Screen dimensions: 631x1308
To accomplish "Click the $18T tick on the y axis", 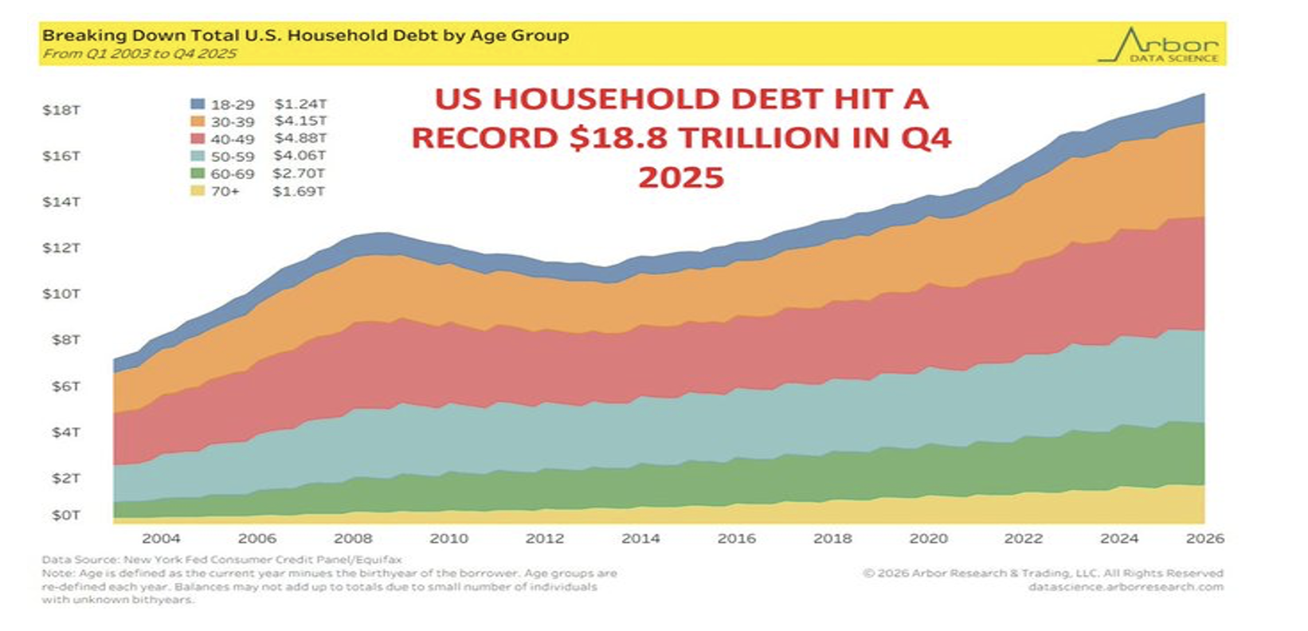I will pos(61,110).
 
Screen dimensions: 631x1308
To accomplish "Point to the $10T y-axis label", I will pos(61,294).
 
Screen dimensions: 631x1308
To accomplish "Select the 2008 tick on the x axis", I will pos(353,539).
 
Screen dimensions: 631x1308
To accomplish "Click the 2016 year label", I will pos(736,539).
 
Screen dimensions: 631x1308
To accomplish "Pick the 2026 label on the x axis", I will pos(1204,539).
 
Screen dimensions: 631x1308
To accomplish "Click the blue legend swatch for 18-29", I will pos(198,104).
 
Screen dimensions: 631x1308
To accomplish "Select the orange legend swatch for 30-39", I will pos(198,122).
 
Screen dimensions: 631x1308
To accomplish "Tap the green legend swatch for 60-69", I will pos(198,174).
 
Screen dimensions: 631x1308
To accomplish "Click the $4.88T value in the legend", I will pos(300,139).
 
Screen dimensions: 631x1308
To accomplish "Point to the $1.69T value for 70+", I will pos(299,191).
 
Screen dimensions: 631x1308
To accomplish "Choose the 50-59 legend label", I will pos(233,156).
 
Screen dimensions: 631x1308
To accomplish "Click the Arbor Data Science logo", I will pos(1160,45).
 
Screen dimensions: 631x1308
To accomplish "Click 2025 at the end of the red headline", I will pos(681,177).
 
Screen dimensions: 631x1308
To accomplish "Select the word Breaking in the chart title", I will pos(75,36).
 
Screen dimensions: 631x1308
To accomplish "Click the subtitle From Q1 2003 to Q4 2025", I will pos(139,54).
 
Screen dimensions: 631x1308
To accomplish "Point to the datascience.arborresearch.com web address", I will pos(1125,587).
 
